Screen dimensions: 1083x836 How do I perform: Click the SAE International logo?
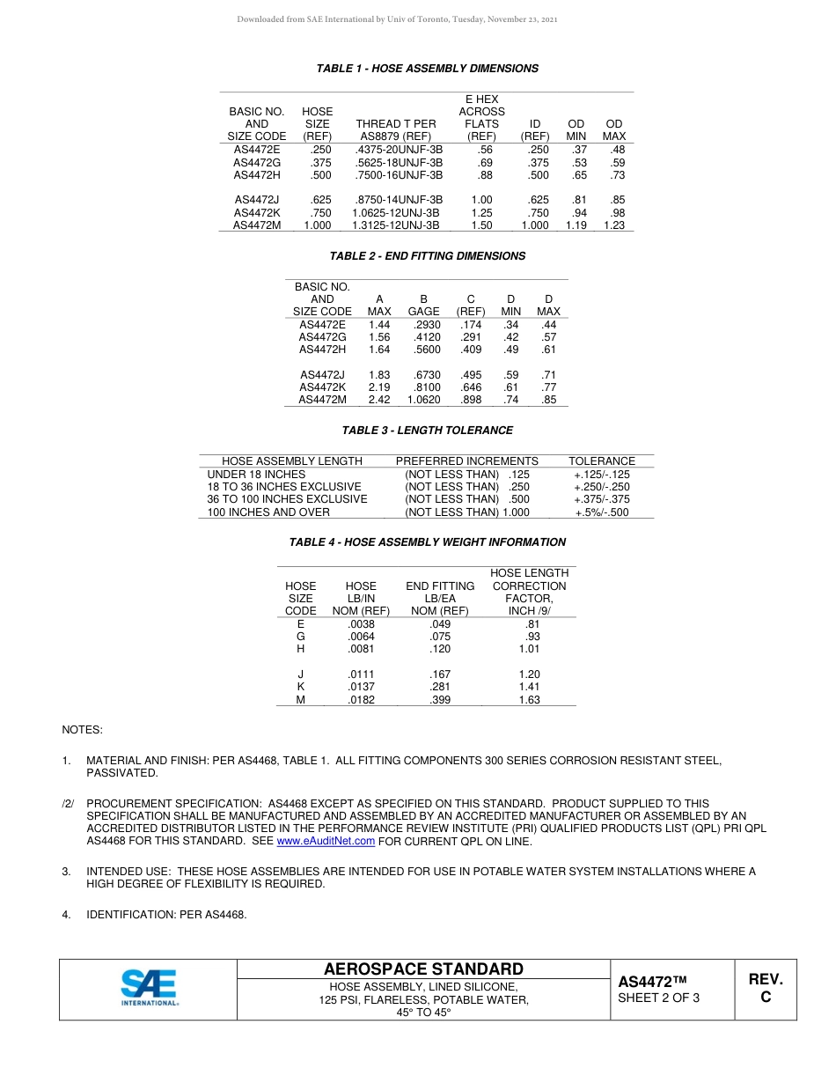pyautogui.click(x=149, y=988)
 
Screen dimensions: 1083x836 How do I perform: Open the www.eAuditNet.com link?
pyautogui.click(x=326, y=841)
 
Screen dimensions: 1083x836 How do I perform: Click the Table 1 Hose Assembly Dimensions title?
pyautogui.click(x=427, y=69)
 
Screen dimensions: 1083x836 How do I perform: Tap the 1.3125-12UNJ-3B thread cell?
pyautogui.click(x=395, y=225)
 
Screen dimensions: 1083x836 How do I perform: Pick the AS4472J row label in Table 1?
pyautogui.click(x=257, y=200)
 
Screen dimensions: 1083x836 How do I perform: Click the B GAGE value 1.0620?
pyautogui.click(x=423, y=400)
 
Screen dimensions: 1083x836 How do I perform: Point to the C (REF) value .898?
pyautogui.click(x=471, y=400)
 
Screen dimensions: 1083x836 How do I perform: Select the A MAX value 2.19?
pyautogui.click(x=379, y=387)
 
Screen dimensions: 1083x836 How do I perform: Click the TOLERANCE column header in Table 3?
pyautogui.click(x=601, y=460)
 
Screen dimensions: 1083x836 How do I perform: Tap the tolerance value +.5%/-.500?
pyautogui.click(x=602, y=512)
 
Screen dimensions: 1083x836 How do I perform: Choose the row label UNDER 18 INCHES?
pyautogui.click(x=256, y=474)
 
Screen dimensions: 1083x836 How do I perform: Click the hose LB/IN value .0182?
pyautogui.click(x=361, y=700)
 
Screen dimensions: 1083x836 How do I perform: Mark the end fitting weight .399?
pyautogui.click(x=440, y=700)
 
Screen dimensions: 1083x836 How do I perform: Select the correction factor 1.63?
pyautogui.click(x=529, y=700)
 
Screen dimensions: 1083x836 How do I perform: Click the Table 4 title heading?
pyautogui.click(x=427, y=542)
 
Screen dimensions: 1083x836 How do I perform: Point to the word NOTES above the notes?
pyautogui.click(x=82, y=730)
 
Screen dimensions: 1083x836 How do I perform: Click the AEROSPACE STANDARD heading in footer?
pyautogui.click(x=423, y=969)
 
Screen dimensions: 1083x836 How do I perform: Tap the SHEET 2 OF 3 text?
pyautogui.click(x=658, y=998)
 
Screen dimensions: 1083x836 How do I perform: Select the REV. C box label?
pyautogui.click(x=765, y=988)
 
